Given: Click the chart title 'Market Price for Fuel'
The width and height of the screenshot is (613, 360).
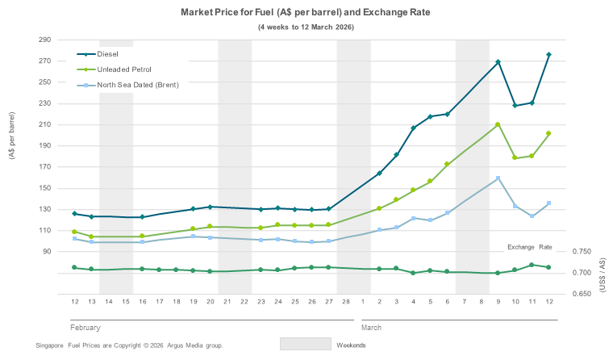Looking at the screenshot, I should coord(306,14).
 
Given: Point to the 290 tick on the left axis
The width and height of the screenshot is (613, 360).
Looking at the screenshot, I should coord(44,40).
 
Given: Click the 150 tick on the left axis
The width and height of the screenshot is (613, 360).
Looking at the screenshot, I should coord(44,188).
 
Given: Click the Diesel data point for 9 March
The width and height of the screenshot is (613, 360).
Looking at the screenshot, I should coord(498,62).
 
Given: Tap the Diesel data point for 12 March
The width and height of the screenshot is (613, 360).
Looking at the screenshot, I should coord(549,54).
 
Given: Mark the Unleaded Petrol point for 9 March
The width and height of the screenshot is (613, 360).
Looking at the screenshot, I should coord(498,124).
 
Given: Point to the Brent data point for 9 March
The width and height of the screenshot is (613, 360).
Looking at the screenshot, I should coord(498,178).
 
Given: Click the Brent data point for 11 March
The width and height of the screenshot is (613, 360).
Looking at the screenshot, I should coord(532,216).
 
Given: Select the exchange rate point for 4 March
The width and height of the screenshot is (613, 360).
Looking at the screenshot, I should coord(413,273).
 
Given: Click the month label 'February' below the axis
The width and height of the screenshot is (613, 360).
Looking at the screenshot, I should coord(85,328).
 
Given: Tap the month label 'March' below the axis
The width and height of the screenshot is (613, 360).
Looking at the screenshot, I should coord(372,328).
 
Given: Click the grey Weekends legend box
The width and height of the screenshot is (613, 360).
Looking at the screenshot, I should coord(306,344).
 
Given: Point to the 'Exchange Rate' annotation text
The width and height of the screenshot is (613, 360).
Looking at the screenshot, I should coord(529,247).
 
